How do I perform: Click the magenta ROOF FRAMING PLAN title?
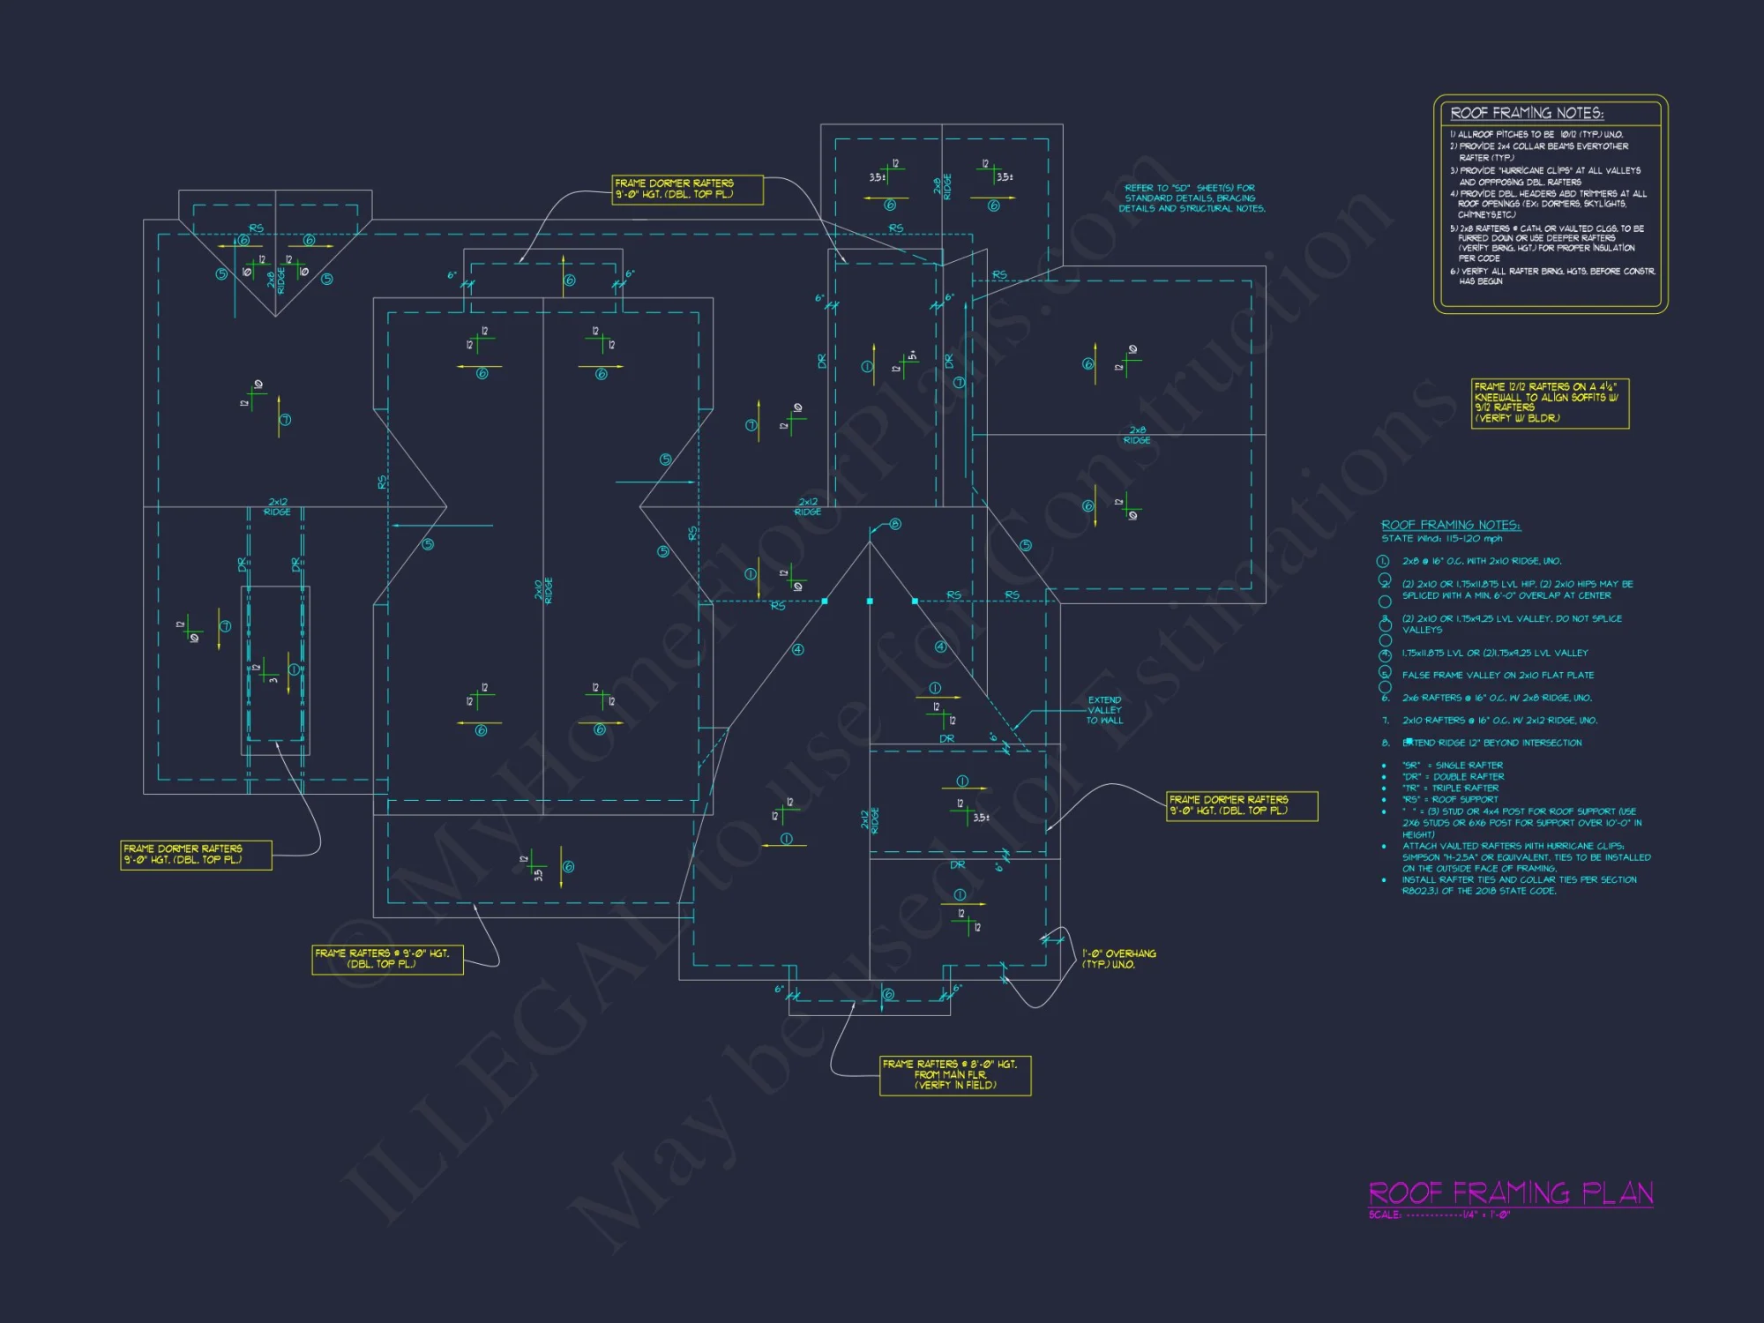pos(1510,1193)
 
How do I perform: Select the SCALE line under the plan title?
pos(1439,1215)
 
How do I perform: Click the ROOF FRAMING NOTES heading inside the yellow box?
pos(1527,113)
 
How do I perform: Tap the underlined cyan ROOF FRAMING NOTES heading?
pos(1450,526)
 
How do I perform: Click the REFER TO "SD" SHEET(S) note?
pos(1192,198)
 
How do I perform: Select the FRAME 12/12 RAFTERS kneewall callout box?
pos(1550,403)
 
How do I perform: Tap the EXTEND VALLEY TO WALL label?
pos(1104,710)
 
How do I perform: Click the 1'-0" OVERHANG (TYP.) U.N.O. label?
pos(1118,959)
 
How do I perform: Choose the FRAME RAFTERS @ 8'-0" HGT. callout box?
pos(955,1075)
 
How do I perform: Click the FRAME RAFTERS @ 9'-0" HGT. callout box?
pos(387,959)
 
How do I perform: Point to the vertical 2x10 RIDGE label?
pos(543,590)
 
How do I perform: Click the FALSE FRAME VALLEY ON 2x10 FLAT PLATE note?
pos(1498,676)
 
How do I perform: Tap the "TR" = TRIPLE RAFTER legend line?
pos(1450,789)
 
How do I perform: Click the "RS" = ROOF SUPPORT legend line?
pos(1450,800)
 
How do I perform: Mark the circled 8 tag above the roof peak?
pos(895,524)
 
